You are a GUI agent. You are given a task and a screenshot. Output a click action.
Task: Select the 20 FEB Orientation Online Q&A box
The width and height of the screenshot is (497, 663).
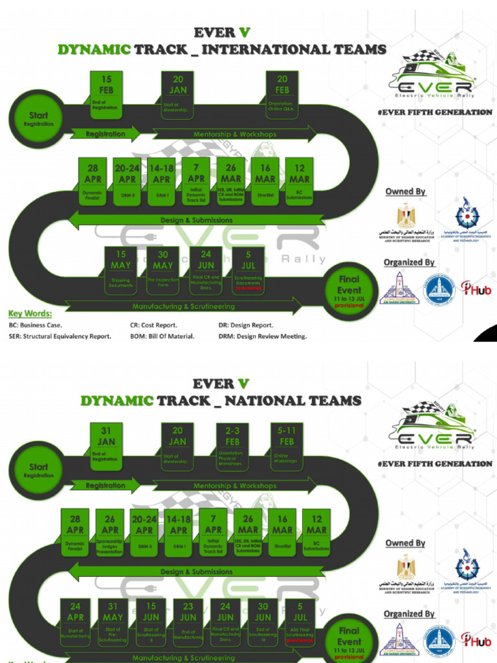coord(282,93)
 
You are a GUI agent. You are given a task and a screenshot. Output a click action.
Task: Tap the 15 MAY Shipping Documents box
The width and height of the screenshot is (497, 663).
coord(121,269)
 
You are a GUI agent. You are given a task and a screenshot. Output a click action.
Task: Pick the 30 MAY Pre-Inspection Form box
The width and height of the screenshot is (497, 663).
coord(162,269)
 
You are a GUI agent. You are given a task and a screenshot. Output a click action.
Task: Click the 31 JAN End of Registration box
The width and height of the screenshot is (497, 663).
coord(106,444)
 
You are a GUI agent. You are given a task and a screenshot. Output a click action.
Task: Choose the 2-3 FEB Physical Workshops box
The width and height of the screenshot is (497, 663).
coord(232,444)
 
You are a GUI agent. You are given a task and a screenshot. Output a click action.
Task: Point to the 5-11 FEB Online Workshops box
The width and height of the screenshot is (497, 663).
coord(286,444)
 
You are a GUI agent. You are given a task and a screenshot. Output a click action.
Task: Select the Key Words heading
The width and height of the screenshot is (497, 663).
coord(30,313)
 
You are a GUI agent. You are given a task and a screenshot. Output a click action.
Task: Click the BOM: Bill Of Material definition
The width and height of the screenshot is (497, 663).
coord(162,336)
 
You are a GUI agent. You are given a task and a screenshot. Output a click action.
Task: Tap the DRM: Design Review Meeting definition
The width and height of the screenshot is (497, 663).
coord(263,336)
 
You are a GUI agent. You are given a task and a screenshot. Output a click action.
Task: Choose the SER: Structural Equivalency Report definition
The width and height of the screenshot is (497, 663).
coord(60,336)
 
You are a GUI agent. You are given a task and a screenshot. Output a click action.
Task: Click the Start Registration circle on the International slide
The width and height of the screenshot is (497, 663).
coord(38,118)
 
